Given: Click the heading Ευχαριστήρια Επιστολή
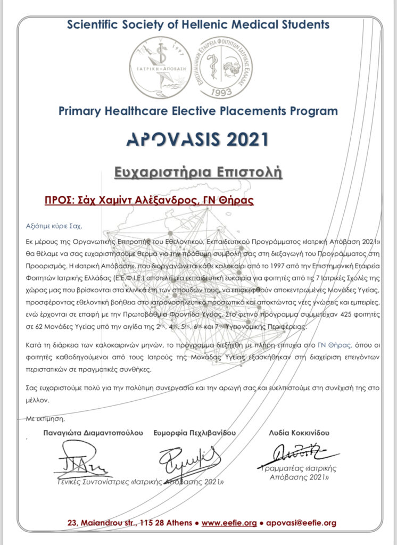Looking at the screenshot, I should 198,172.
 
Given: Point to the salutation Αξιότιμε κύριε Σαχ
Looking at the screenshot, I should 54,225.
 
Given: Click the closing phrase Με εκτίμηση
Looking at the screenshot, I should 41,419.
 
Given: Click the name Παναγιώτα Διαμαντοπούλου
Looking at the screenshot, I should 93,433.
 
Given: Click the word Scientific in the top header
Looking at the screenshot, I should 94,24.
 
